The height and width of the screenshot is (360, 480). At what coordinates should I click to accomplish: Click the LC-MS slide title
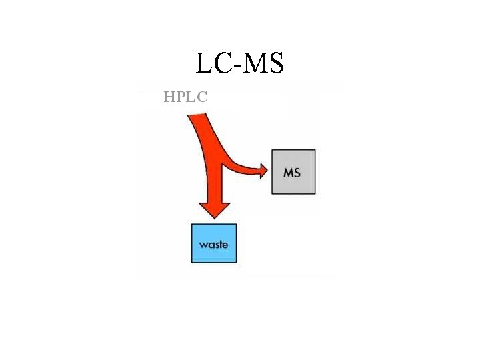pyautogui.click(x=240, y=63)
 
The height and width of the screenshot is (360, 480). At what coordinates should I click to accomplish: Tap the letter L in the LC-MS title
pyautogui.click(x=204, y=63)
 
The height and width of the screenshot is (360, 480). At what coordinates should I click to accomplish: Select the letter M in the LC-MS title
pyautogui.click(x=254, y=63)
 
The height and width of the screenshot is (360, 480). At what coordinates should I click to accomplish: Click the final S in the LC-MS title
pyautogui.click(x=275, y=63)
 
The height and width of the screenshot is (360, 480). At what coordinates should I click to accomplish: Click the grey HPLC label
pyautogui.click(x=185, y=97)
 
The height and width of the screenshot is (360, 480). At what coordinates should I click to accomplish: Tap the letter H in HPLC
pyautogui.click(x=169, y=97)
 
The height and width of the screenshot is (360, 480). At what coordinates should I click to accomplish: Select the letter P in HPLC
pyautogui.click(x=181, y=97)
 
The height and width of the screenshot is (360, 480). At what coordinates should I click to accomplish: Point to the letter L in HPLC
pyautogui.click(x=191, y=97)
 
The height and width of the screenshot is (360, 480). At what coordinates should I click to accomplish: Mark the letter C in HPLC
pyautogui.click(x=201, y=97)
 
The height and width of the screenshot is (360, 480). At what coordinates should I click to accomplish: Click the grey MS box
pyautogui.click(x=293, y=172)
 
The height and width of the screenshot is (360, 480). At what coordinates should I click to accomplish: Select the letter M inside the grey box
pyautogui.click(x=288, y=173)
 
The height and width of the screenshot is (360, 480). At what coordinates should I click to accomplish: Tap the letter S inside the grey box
pyautogui.click(x=297, y=173)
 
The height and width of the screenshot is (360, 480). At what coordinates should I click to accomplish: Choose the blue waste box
pyautogui.click(x=214, y=243)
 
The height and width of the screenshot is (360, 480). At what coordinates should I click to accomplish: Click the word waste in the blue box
pyautogui.click(x=213, y=245)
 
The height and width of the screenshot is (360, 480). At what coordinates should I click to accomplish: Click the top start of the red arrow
pyautogui.click(x=198, y=118)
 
